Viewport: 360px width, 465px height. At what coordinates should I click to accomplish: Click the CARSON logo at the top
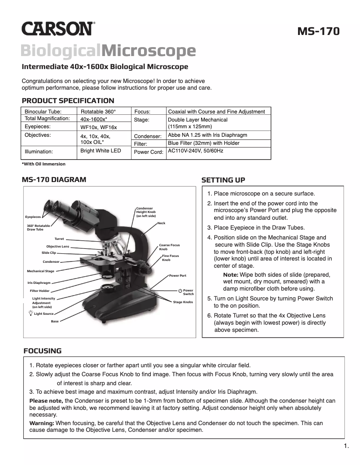pyautogui.click(x=58, y=29)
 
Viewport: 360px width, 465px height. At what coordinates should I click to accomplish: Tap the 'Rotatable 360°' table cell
pyautogui.click(x=98, y=111)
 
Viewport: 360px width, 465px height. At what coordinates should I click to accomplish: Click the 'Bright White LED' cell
pyautogui.click(x=101, y=151)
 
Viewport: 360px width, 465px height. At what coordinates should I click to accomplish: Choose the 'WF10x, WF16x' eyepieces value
pyautogui.click(x=98, y=127)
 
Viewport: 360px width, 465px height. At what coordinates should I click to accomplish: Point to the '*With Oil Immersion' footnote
pyautogui.click(x=44, y=164)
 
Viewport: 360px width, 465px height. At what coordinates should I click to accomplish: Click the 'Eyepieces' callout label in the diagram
pyautogui.click(x=33, y=217)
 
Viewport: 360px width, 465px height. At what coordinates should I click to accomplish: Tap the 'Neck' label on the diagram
pyautogui.click(x=161, y=223)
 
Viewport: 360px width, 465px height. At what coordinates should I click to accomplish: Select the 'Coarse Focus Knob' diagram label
pyautogui.click(x=169, y=247)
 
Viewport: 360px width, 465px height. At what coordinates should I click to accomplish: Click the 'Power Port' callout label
pyautogui.click(x=177, y=275)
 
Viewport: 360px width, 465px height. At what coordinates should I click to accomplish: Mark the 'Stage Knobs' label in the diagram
pyautogui.click(x=183, y=302)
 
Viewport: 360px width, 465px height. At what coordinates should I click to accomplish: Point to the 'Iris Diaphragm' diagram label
pyautogui.click(x=39, y=283)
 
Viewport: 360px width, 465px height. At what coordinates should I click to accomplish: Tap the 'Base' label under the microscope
pyautogui.click(x=54, y=322)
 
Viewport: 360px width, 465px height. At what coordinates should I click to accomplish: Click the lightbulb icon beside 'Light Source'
pyautogui.click(x=31, y=313)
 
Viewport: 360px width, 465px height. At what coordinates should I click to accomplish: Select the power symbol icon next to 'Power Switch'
pyautogui.click(x=180, y=291)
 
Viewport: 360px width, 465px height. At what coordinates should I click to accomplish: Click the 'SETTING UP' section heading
pyautogui.click(x=223, y=180)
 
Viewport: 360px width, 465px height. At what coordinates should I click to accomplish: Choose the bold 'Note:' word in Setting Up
pyautogui.click(x=230, y=274)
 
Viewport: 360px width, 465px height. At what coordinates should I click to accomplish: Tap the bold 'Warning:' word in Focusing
pyautogui.click(x=42, y=423)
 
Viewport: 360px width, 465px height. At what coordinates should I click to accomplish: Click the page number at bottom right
pyautogui.click(x=346, y=446)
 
